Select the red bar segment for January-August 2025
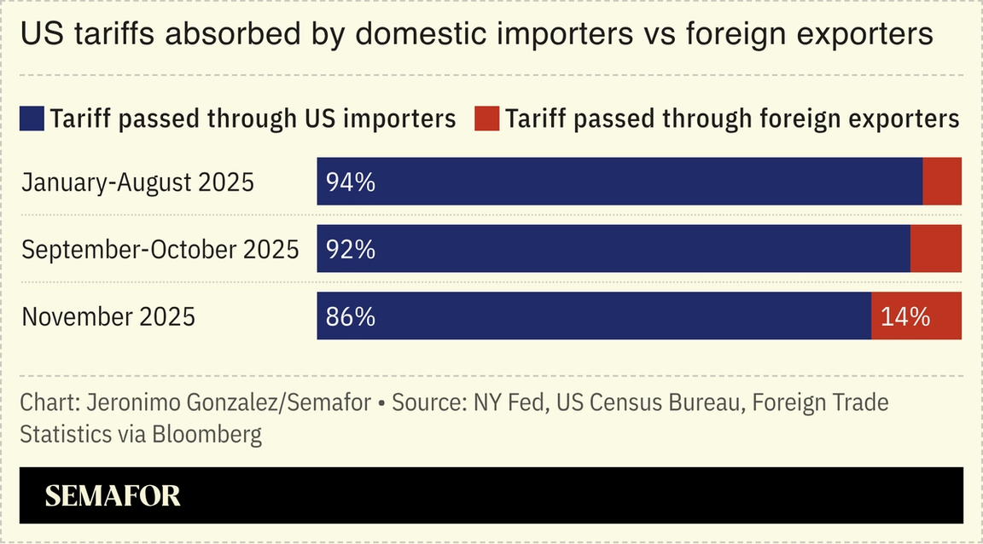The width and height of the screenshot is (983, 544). click(942, 182)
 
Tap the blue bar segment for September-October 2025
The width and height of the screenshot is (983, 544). click(614, 249)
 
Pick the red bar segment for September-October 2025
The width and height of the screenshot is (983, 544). click(936, 249)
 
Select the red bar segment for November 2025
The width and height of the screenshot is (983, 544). click(916, 316)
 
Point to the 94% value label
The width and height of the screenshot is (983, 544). click(350, 182)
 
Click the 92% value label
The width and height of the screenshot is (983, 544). click(350, 249)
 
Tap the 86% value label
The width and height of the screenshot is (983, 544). click(350, 316)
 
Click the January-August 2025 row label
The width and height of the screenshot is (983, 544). click(137, 182)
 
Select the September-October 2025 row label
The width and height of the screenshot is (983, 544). click(160, 250)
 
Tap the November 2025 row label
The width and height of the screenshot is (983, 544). click(108, 317)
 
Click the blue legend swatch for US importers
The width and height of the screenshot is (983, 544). click(32, 119)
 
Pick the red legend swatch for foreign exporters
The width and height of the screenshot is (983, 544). click(486, 119)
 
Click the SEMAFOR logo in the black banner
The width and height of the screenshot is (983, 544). click(113, 496)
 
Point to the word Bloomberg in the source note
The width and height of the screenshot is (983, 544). click(207, 434)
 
